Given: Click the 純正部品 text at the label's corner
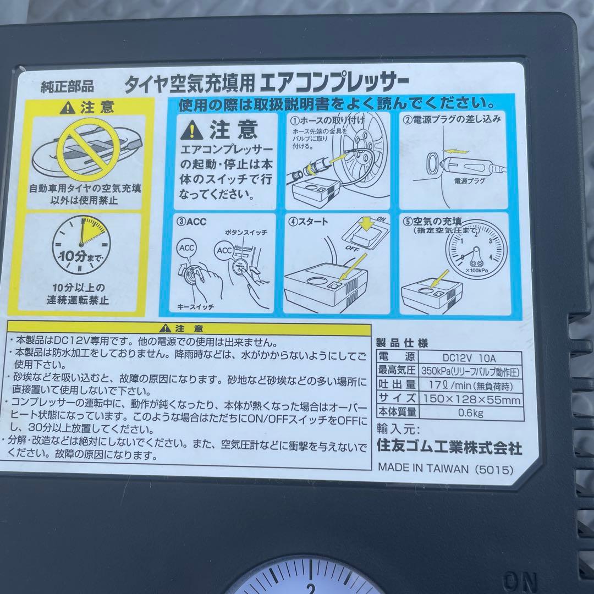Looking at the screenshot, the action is (x=68, y=87).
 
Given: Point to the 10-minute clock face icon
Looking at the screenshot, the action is (x=81, y=245).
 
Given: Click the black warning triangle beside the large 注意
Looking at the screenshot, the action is (x=192, y=130).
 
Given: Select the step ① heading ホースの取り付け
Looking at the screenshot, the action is (x=327, y=120).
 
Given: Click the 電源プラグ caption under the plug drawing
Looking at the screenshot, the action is (x=469, y=181).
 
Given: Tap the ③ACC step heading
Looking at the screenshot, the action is (x=191, y=222).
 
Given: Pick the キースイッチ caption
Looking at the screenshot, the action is (x=195, y=306).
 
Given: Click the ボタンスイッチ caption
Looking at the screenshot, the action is (x=246, y=232).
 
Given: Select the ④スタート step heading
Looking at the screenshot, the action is (x=308, y=222).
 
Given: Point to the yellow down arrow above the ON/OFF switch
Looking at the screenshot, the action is (x=367, y=223).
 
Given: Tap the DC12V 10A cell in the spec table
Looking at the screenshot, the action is (x=469, y=358).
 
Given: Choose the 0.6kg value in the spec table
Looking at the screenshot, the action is (x=470, y=413).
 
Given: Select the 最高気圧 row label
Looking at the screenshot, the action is (x=397, y=370).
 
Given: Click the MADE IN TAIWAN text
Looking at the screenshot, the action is (x=423, y=468).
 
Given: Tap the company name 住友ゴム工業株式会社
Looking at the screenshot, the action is (x=449, y=447).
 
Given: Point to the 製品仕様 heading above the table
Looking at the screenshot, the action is (x=402, y=343).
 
